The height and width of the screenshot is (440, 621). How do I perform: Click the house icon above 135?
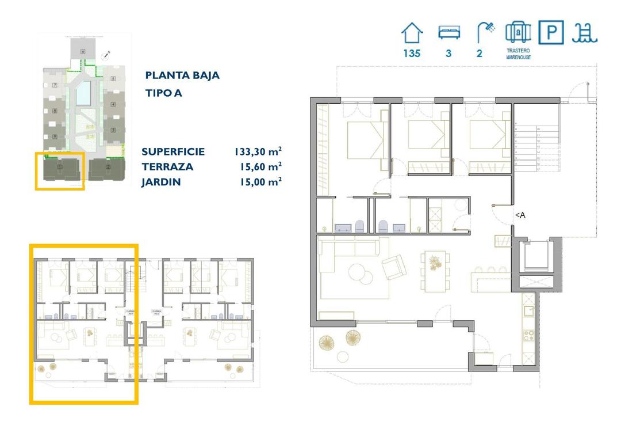point(411,33)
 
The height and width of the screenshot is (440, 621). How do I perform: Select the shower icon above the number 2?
point(484,32)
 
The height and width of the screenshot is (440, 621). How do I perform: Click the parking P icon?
point(551,32)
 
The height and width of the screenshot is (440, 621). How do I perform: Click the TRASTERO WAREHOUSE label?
point(517,54)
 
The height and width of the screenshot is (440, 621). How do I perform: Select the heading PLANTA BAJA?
point(182,75)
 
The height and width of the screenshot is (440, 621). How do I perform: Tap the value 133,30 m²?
point(257,152)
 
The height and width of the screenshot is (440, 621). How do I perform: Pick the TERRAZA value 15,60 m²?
point(260,167)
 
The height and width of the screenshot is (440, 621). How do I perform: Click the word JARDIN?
point(161,182)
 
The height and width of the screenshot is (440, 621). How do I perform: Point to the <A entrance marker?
point(519,215)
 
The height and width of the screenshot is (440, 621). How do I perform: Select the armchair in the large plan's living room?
point(394,268)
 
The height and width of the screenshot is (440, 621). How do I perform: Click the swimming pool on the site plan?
point(83,93)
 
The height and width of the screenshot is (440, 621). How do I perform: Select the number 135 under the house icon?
point(412,54)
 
